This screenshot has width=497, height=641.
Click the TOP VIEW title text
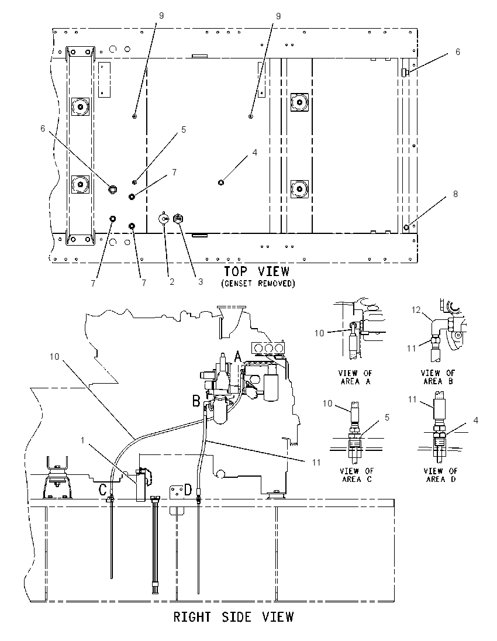coord(256,271)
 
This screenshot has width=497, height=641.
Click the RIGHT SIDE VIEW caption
coord(233,616)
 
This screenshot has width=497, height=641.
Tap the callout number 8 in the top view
coord(455,194)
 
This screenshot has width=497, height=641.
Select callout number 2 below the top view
coord(172,282)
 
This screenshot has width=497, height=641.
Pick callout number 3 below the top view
coord(201,282)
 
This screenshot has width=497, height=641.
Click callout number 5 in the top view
coord(184,130)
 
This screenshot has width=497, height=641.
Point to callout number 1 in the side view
coord(82,440)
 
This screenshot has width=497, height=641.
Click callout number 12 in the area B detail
coord(416,311)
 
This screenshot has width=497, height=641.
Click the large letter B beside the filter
coord(196,401)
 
